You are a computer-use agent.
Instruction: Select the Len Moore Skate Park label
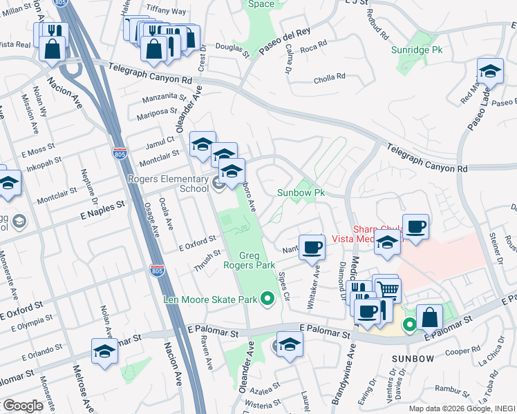209,299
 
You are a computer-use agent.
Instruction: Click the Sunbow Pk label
301,193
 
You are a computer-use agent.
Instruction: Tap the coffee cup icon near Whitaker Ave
312,246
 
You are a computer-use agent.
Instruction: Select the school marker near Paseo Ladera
490,71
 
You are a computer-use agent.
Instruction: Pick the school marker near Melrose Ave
104,351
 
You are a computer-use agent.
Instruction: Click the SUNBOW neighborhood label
413,359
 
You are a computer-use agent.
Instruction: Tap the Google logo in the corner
23,406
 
